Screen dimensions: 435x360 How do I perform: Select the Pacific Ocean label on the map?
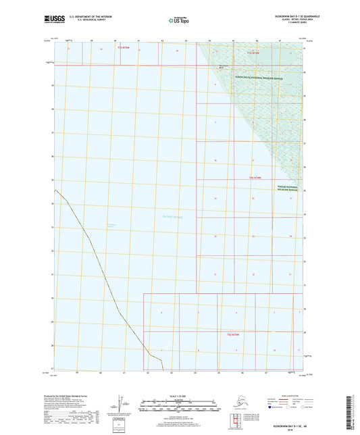tap(173, 217)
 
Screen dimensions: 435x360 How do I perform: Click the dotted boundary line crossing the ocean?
tap(101, 270)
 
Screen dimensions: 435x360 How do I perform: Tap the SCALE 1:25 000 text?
tap(175, 396)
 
